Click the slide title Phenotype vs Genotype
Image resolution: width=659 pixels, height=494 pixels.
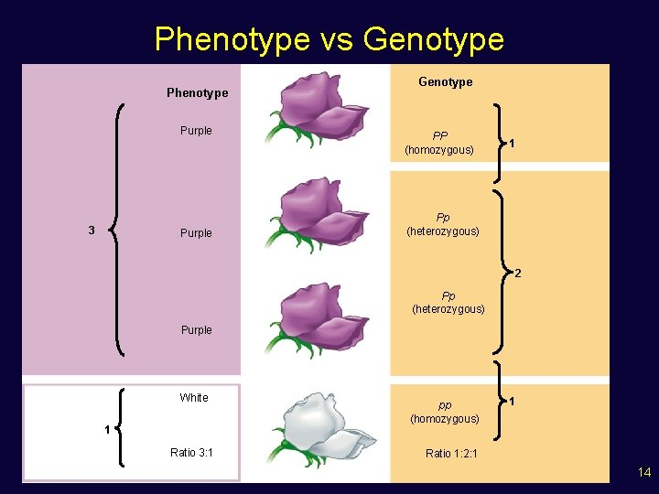pos(329,39)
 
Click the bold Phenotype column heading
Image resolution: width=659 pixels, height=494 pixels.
pos(197,92)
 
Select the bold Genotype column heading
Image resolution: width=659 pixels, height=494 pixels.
pos(445,81)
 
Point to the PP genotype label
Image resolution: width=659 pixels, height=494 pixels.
pos(440,135)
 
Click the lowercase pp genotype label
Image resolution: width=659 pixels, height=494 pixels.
pos(445,404)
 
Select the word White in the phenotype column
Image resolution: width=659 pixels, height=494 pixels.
pos(194,397)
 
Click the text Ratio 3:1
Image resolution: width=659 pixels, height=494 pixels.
pos(192,452)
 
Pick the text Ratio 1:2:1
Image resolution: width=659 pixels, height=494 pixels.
pos(451,453)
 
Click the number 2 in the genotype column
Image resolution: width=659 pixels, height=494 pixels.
pos(517,274)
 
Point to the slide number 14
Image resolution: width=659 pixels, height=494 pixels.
pos(644,472)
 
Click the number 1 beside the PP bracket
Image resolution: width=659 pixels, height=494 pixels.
pos(513,143)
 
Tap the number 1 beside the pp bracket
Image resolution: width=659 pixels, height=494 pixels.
pos(513,402)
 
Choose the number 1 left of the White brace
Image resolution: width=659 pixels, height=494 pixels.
pos(107,430)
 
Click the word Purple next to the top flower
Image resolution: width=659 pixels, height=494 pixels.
pos(196,131)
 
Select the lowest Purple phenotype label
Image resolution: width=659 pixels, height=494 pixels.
pos(196,329)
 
